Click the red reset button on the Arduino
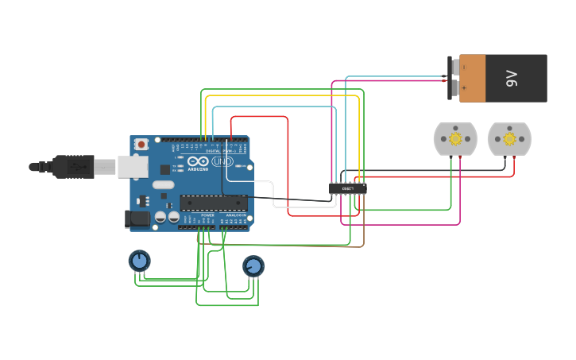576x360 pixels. point(141,144)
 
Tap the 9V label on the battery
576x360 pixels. point(512,78)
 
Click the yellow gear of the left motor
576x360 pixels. point(455,138)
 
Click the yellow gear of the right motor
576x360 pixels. point(509,138)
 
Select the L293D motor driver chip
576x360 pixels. point(347,188)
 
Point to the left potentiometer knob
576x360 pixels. point(139,260)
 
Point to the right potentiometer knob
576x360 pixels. point(253,265)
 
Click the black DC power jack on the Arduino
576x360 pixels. point(138,219)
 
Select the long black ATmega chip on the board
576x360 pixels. point(213,203)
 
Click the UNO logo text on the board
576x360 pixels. point(223,162)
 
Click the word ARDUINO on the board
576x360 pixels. point(198,169)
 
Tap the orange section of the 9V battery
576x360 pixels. point(472,78)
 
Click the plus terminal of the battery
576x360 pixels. point(455,88)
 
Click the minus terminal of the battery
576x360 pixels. point(455,68)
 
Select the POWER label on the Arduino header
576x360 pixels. point(207,215)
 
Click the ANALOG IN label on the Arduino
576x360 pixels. point(236,215)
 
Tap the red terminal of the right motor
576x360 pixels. point(514,157)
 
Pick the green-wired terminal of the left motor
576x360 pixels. point(450,157)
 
